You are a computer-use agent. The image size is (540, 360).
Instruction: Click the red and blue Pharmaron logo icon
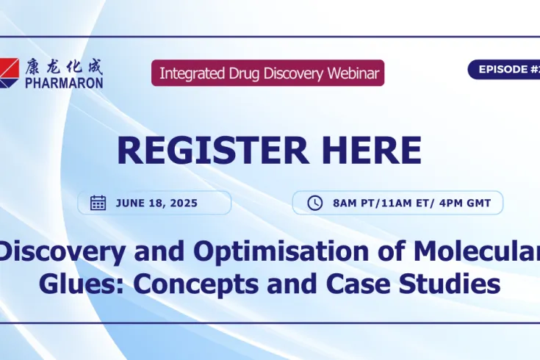10,72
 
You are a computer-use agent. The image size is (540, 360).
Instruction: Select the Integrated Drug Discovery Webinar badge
267,73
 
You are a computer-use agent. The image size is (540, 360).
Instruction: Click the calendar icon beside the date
98,203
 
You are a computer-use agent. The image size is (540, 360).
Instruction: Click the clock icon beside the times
314,203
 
